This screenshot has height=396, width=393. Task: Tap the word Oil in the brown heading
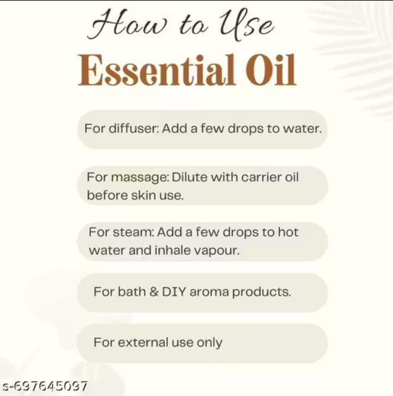click(x=271, y=70)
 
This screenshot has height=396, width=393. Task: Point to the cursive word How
click(x=127, y=25)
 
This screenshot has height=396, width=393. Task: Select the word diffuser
click(x=134, y=128)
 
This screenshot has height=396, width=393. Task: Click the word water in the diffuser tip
click(x=302, y=128)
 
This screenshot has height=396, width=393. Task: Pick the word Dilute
click(x=190, y=177)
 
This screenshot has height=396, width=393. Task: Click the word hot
click(x=288, y=232)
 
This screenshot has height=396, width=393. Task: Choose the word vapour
click(x=217, y=251)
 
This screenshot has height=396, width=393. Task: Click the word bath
click(x=132, y=292)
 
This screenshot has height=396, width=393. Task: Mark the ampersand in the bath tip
click(x=154, y=292)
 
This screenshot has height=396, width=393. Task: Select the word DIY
click(x=174, y=292)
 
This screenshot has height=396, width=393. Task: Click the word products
click(x=261, y=292)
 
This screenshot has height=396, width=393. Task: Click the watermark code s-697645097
click(x=44, y=386)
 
